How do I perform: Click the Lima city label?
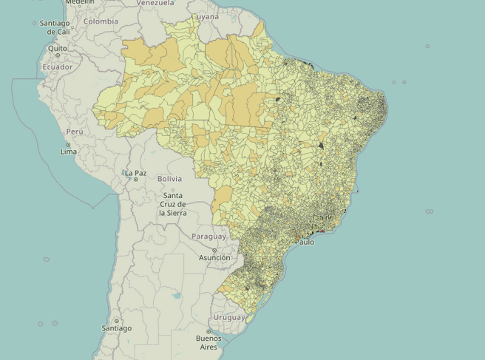coord(68,152)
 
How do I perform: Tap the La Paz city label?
coord(136,173)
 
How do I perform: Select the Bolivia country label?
coord(169,179)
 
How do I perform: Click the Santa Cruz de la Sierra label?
coord(172,204)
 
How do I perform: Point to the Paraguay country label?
coord(208,237)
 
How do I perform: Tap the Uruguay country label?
coord(228,317)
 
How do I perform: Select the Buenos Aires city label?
coord(208,342)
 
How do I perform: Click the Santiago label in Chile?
coord(117,328)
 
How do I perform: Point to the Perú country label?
coord(73,132)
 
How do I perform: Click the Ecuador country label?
coord(58,67)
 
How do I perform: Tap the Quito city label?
coord(58,49)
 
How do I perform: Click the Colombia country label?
coord(101,21)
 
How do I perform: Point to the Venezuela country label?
coord(155,3)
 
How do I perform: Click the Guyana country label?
coord(206,16)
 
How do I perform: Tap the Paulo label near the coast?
coord(305,242)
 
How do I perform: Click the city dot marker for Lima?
coord(68,143)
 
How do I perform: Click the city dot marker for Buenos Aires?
coord(208,332)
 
